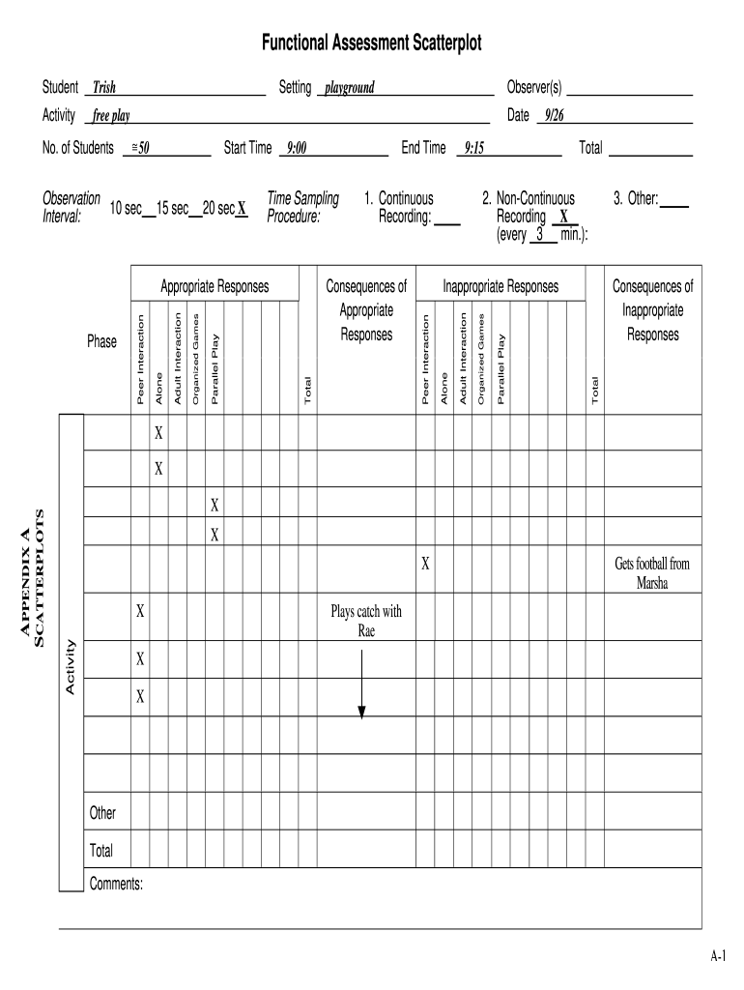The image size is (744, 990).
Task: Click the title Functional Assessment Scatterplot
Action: click(371, 44)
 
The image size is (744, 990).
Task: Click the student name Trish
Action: click(104, 89)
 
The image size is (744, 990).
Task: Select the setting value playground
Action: click(350, 89)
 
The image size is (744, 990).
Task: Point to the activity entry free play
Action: click(112, 117)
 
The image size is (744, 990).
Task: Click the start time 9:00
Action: click(296, 149)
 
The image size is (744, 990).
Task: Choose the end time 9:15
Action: click(473, 149)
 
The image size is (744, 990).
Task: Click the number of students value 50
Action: click(141, 149)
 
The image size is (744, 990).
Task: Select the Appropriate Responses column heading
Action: click(215, 287)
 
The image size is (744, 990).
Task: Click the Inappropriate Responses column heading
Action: click(501, 287)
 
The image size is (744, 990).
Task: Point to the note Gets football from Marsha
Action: click(652, 573)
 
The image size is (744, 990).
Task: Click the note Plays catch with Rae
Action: click(366, 621)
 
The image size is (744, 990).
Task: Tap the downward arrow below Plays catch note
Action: click(361, 686)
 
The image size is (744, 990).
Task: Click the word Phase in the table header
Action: click(101, 342)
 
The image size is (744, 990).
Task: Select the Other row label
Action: click(103, 813)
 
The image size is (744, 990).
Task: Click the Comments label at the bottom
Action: click(116, 883)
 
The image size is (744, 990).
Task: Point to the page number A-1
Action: click(718, 956)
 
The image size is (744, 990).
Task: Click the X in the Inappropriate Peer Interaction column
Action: click(425, 564)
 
